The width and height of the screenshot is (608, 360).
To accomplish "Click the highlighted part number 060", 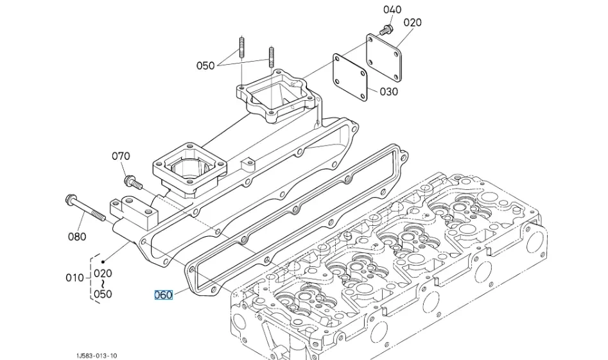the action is [163, 295].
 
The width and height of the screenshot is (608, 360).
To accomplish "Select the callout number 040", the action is [392, 10].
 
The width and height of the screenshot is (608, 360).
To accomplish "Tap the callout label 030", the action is [388, 92].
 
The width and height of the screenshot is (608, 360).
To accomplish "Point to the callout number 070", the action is [121, 156].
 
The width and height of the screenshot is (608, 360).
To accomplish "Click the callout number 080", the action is [77, 236].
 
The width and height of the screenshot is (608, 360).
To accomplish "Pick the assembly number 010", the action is [75, 278].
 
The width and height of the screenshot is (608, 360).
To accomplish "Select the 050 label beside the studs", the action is [205, 65].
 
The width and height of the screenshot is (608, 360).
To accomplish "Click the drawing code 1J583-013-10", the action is [96, 356].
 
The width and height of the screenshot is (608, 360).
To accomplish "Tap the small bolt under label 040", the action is [386, 30].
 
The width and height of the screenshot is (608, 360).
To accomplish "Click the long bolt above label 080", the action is [85, 209].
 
